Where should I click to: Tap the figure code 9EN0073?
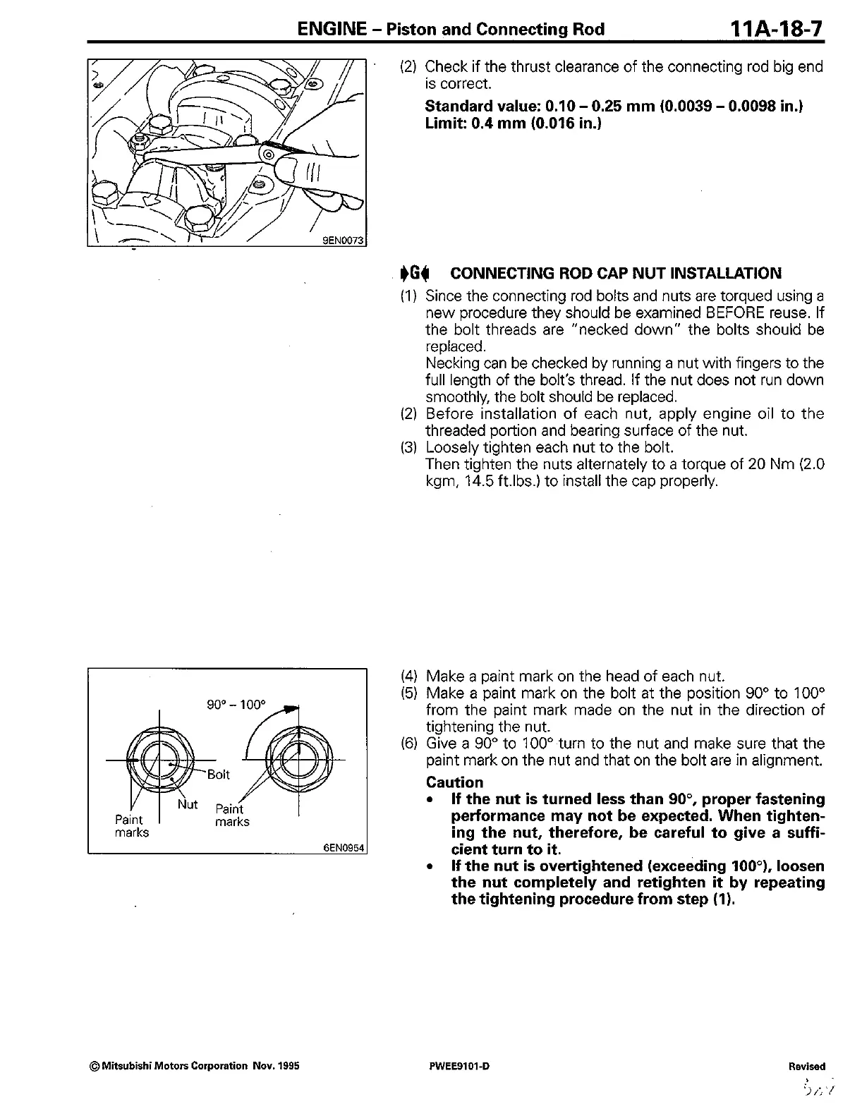pyautogui.click(x=343, y=241)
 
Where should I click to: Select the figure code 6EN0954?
pyautogui.click(x=344, y=848)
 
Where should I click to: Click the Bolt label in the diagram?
pyautogui.click(x=218, y=775)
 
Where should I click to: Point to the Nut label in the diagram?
pyautogui.click(x=188, y=804)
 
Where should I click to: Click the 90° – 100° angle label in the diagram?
pyautogui.click(x=236, y=705)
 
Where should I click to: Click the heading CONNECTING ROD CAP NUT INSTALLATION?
pyautogui.click(x=615, y=273)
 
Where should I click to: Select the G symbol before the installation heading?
pyautogui.click(x=415, y=273)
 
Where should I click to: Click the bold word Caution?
pyautogui.click(x=455, y=782)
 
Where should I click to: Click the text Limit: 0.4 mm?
pyautogui.click(x=477, y=123)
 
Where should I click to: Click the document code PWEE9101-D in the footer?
pyautogui.click(x=454, y=1066)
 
